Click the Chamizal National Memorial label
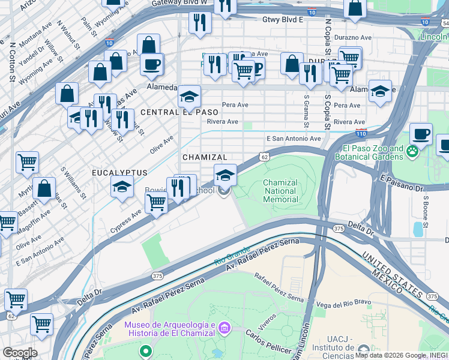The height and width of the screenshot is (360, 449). pyautogui.click(x=280, y=191)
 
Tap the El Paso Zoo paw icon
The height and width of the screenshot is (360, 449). pyautogui.click(x=413, y=152)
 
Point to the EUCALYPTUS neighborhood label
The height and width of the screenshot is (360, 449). pyautogui.click(x=119, y=173)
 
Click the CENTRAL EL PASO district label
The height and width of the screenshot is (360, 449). pyautogui.click(x=170, y=112)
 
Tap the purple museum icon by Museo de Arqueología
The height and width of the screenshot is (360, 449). pyautogui.click(x=224, y=328)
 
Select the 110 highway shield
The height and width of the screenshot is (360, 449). pyautogui.click(x=361, y=132)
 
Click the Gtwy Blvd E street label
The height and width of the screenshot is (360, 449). pyautogui.click(x=283, y=19)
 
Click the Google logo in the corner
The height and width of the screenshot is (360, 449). pyautogui.click(x=19, y=353)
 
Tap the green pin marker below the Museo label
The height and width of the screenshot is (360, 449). pyautogui.click(x=144, y=350)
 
